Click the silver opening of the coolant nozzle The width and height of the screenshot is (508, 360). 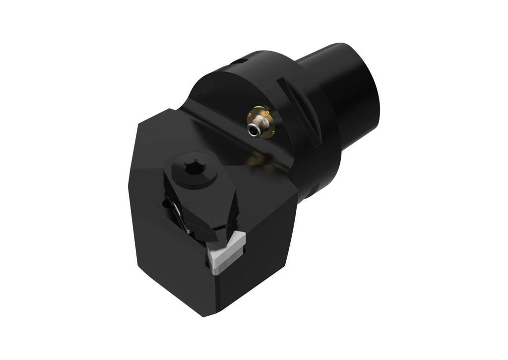point(254,130)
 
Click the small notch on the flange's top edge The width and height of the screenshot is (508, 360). point(239,61)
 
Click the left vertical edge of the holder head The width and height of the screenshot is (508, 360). point(130,208)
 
